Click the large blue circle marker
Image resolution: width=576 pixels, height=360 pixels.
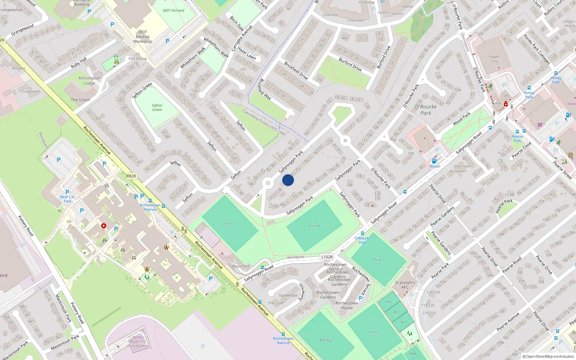coord(288,180)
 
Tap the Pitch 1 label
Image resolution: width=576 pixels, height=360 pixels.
coord(230,224)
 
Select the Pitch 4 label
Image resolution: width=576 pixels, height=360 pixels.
coord(314,226)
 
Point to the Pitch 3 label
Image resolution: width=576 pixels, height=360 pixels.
coord(378,260)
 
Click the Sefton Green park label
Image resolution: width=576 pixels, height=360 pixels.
coord(157,108)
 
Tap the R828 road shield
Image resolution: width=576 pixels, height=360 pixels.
coord(131,176)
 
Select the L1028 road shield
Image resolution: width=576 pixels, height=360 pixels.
coord(327,257)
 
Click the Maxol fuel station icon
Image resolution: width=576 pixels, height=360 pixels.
coord(435,161)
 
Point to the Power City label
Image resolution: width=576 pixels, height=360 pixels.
coord(494,59)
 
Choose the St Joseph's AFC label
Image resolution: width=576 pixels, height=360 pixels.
coord(405,285)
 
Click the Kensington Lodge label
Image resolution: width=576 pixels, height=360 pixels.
coord(89,80)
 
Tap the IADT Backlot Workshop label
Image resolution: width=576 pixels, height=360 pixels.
coord(143,37)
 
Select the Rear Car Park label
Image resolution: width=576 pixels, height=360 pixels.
coord(67,199)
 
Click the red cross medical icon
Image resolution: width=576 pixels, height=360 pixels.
coord(104,226)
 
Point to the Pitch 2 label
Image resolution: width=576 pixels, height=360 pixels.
coord(326,340)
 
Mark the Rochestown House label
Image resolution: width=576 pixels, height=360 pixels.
coord(347,305)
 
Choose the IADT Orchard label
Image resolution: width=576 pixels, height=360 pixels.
coord(173,10)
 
